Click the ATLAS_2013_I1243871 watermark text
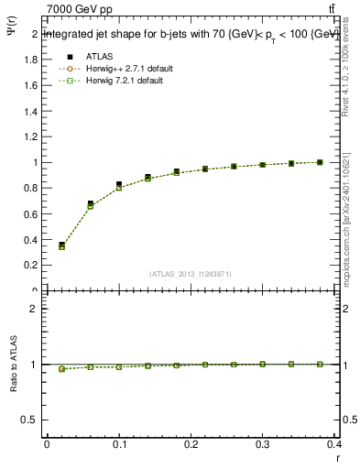coord(191,274)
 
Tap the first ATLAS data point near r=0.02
coord(61,245)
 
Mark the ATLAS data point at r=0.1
coord(119,184)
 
